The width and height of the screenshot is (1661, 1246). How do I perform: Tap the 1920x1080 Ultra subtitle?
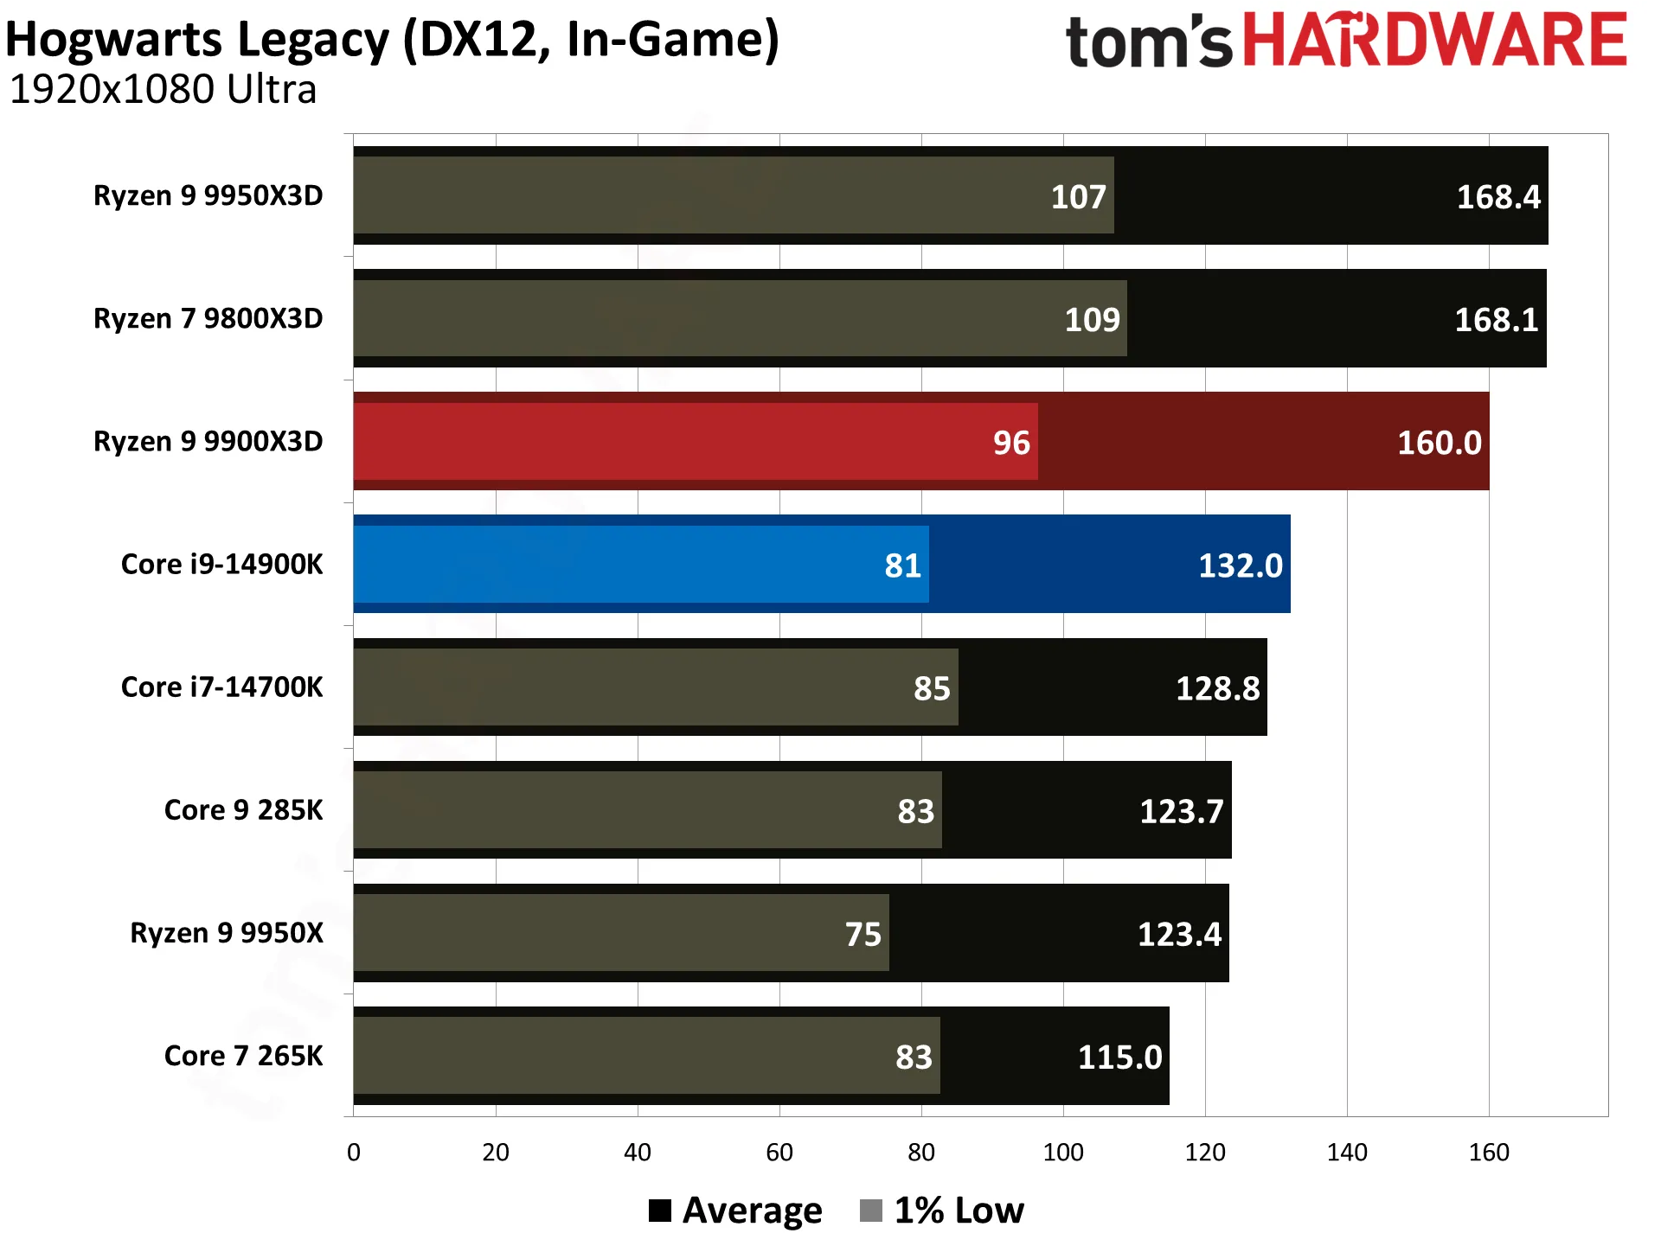click(163, 90)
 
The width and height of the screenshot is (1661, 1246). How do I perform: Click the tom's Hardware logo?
click(1346, 40)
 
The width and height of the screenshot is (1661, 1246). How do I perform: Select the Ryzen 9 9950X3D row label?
click(208, 196)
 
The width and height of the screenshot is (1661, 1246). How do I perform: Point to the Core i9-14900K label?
click(221, 565)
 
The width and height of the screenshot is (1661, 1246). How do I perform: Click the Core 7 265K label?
click(243, 1056)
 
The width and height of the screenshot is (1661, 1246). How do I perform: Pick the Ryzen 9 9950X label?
click(227, 933)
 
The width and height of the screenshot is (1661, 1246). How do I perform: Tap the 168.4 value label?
click(1498, 197)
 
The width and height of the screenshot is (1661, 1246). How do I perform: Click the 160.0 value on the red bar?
click(1440, 443)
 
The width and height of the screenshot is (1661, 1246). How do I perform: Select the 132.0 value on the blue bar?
click(1241, 565)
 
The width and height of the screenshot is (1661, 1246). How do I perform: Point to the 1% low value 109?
click(1092, 320)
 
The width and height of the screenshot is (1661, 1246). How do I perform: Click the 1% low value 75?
click(863, 934)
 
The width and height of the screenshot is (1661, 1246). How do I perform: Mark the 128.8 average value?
click(1218, 688)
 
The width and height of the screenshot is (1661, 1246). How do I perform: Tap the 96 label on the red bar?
click(1011, 443)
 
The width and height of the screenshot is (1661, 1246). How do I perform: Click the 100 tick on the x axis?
click(1063, 1153)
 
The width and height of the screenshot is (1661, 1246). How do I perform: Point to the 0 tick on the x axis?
click(354, 1153)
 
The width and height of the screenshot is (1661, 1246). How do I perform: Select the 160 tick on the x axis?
click(1489, 1153)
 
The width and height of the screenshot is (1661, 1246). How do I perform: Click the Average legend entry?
click(735, 1211)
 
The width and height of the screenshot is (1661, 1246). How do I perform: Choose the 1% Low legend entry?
click(942, 1211)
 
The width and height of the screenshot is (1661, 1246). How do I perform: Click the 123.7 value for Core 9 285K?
click(1182, 811)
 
